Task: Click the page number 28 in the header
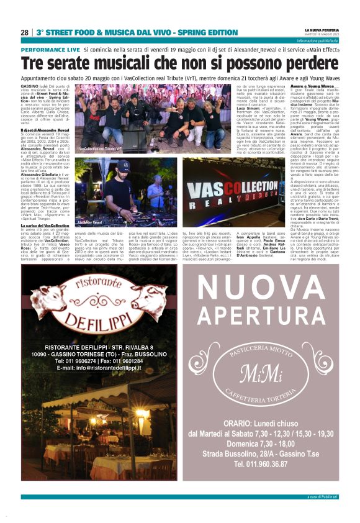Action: click(24, 32)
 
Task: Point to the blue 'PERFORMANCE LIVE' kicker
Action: click(50, 49)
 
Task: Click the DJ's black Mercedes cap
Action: click(124, 166)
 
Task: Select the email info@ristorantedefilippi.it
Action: click(99, 368)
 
